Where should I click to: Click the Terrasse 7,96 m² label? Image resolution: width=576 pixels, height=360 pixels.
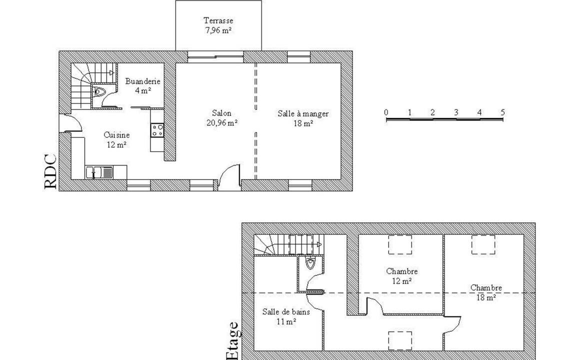click(218, 25)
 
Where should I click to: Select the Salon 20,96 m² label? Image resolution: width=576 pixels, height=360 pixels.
click(222, 118)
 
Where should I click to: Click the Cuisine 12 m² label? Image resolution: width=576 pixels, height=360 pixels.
click(116, 140)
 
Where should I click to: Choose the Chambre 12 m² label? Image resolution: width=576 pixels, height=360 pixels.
click(402, 276)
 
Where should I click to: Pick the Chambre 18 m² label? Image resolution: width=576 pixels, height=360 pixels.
click(486, 292)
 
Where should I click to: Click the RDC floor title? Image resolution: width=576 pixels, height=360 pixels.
click(50, 172)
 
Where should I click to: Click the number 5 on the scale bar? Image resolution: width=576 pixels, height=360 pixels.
click(502, 112)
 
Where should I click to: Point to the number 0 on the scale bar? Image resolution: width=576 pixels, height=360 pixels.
click(386, 112)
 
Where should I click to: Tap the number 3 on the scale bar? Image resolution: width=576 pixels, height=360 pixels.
click(456, 112)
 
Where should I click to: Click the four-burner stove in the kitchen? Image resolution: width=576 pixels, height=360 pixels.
click(158, 130)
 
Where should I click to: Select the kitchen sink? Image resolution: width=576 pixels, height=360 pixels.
click(99, 172)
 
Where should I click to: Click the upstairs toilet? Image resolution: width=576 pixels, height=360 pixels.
click(310, 263)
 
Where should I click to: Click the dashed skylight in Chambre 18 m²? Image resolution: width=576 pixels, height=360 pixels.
click(483, 244)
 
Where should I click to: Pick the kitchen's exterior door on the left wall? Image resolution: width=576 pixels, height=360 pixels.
click(70, 122)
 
